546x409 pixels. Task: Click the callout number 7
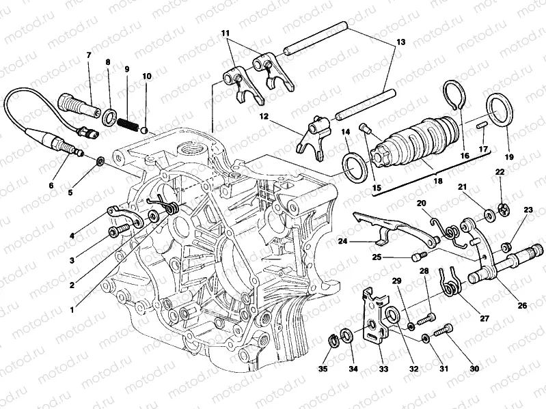(88, 55)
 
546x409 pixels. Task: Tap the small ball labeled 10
(145, 130)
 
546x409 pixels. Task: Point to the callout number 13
(401, 42)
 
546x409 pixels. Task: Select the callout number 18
(438, 181)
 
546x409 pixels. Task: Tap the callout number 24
(342, 240)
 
